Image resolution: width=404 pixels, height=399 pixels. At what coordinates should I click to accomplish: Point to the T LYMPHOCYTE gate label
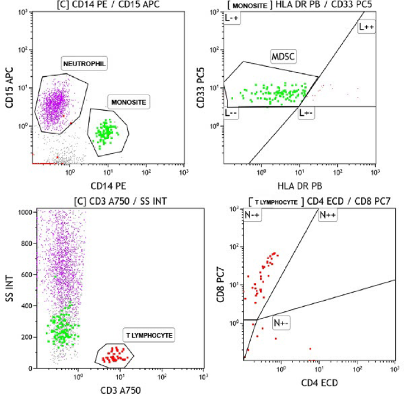point(149,335)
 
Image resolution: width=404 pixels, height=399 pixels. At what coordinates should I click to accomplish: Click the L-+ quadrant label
point(233,20)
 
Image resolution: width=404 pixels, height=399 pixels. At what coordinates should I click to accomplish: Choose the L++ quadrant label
point(366,27)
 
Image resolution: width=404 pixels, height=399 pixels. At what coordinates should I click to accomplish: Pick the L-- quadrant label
point(232,112)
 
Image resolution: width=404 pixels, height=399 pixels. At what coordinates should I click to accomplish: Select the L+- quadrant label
point(306,112)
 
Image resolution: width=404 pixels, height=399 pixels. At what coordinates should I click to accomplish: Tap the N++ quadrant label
point(327,216)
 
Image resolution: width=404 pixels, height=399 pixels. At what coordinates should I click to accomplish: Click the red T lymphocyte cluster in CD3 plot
point(114,356)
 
